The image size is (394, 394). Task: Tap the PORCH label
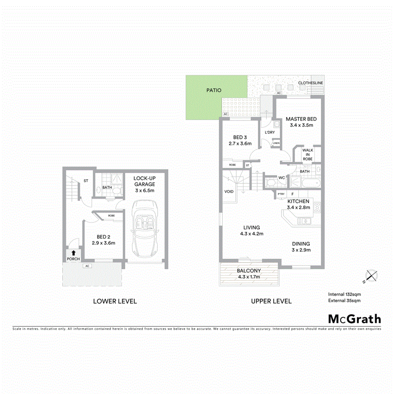coord(73,259)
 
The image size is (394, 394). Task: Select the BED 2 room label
coord(104,240)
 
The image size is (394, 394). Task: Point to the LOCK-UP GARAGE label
coord(145,184)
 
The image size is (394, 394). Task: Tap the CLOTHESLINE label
coord(310,83)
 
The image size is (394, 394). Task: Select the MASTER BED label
coord(301,122)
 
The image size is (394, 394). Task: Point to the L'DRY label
coord(270,133)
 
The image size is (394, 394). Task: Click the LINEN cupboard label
coord(276,143)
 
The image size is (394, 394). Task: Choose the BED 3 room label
coord(240,140)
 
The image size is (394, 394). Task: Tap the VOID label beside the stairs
coord(229,192)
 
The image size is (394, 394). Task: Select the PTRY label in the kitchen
coord(281,194)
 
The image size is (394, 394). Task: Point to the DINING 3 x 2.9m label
coord(301,246)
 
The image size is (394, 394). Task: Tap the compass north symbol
coord(371,276)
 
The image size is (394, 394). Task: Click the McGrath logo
coord(354,319)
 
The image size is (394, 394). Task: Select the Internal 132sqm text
coord(344,294)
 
